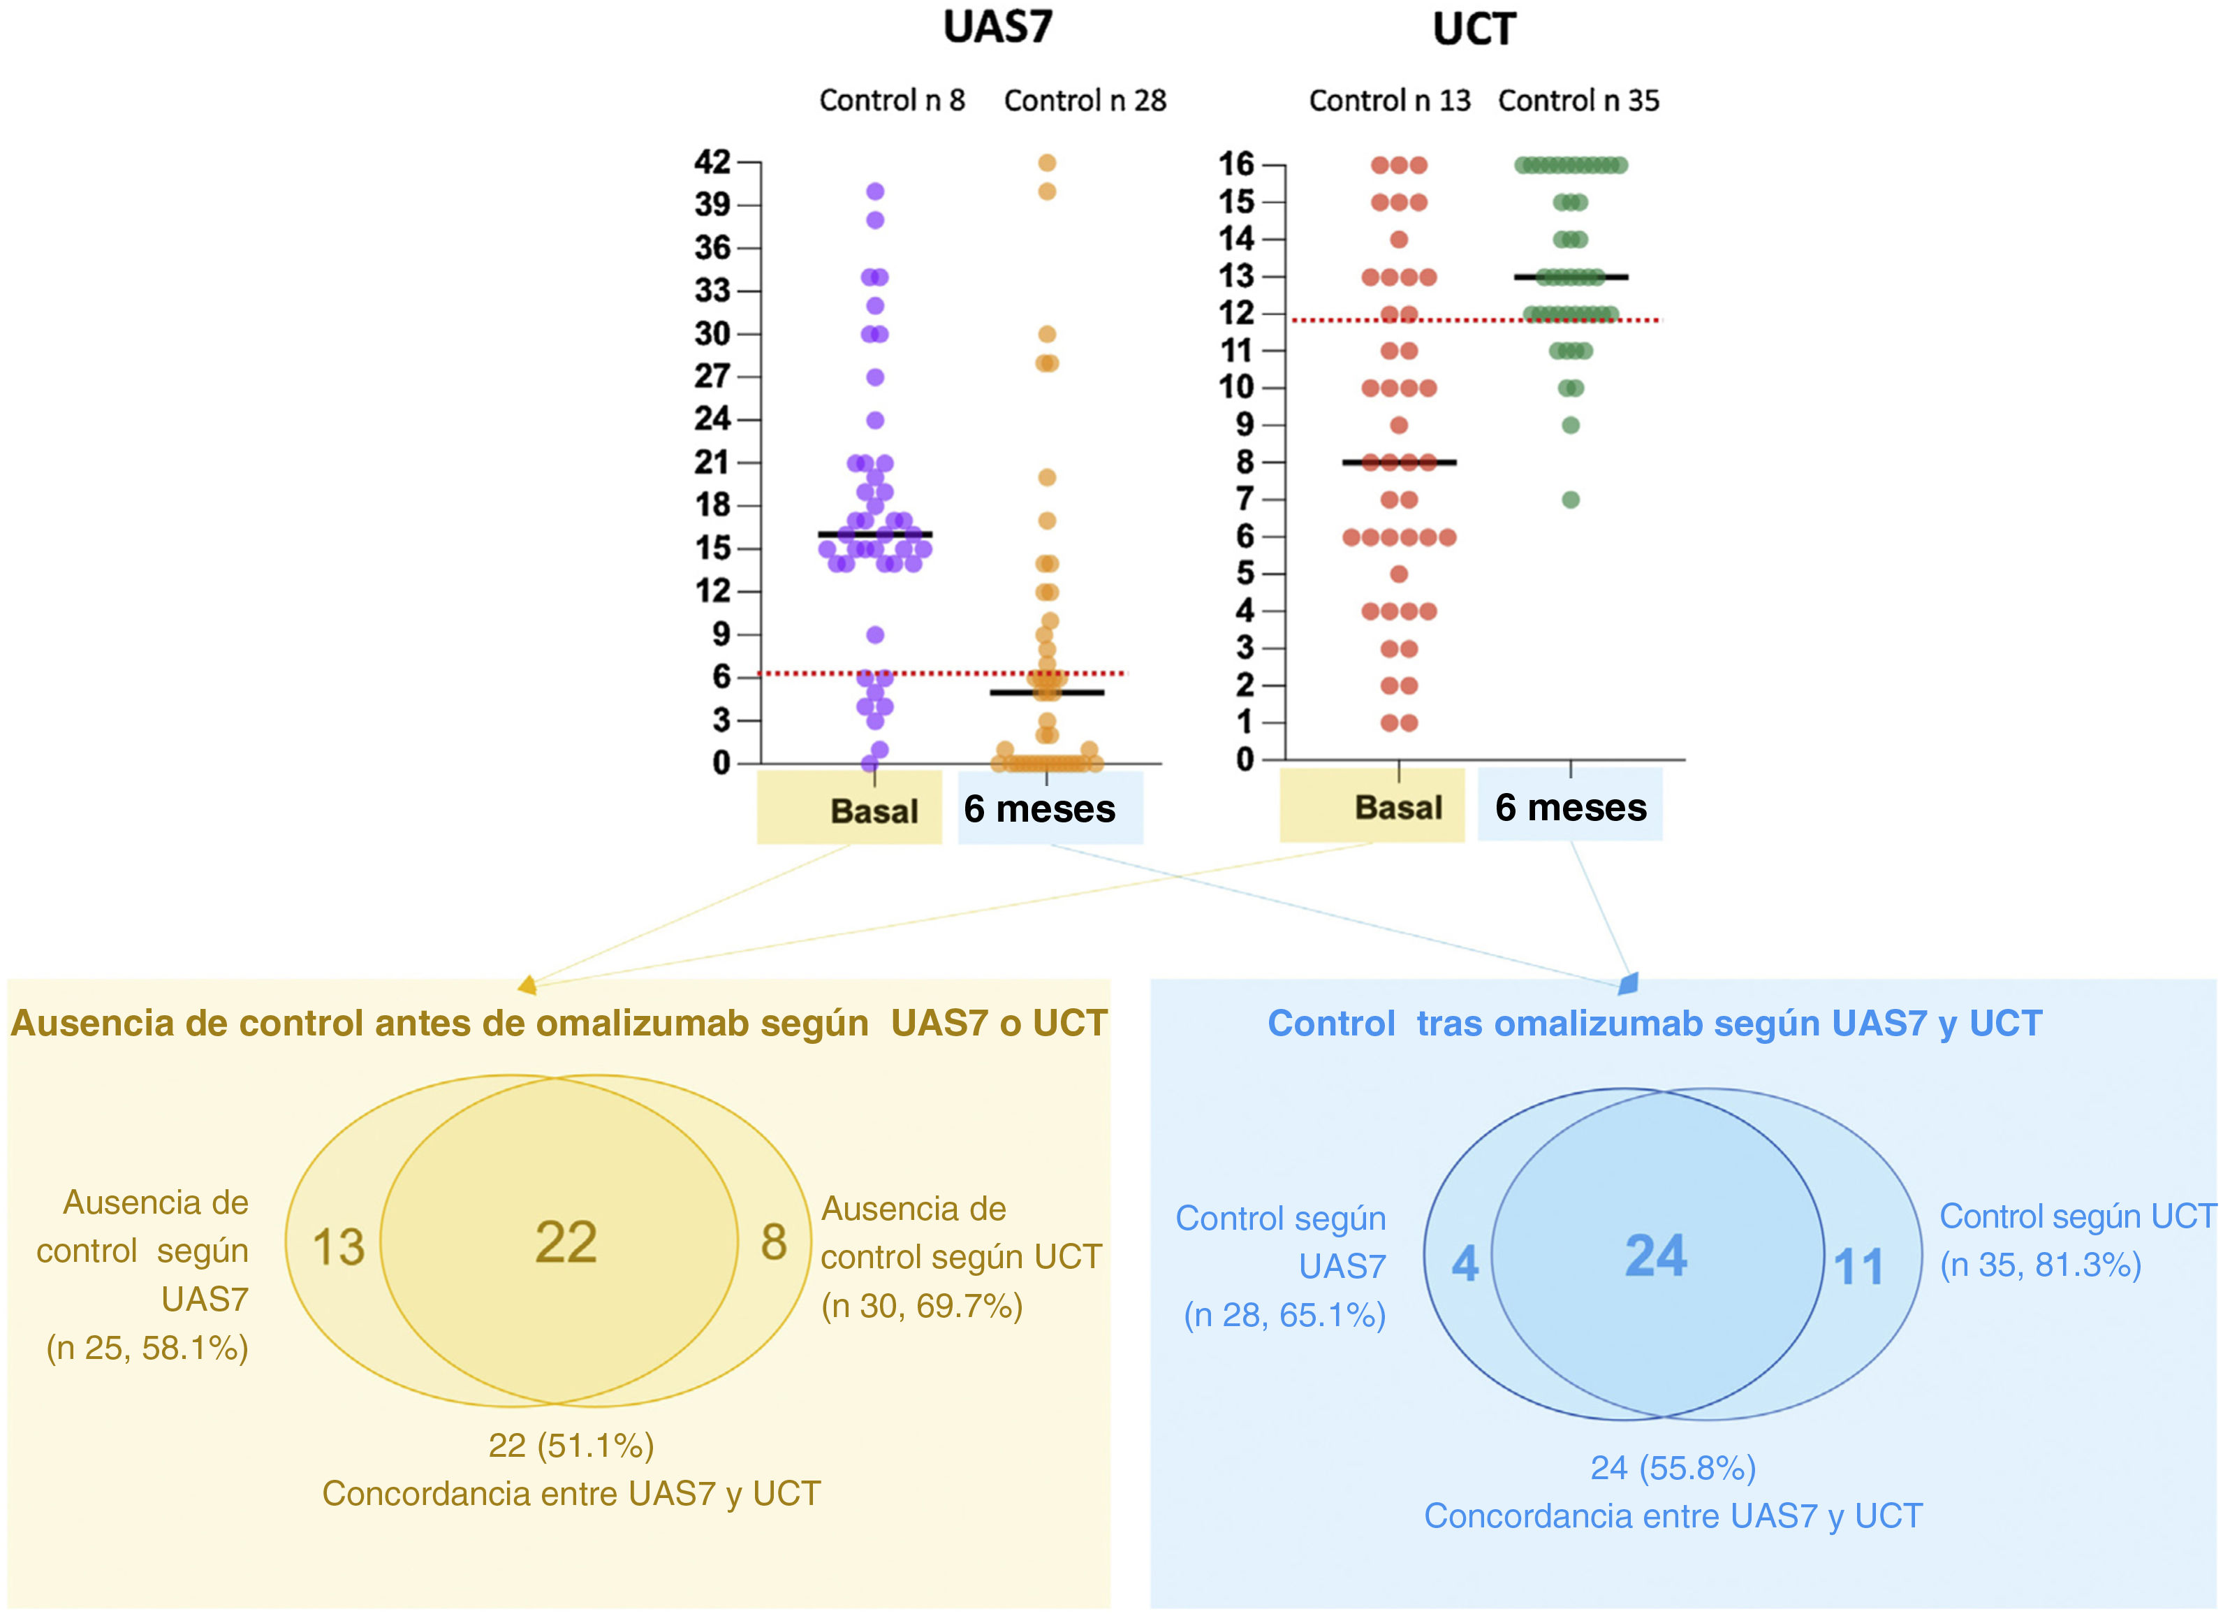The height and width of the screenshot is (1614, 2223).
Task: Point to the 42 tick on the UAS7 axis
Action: point(712,162)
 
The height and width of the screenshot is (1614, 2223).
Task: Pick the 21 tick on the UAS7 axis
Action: point(712,462)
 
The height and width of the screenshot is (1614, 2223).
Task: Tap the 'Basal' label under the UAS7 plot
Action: point(873,811)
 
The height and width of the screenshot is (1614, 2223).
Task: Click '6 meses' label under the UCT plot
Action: point(1570,807)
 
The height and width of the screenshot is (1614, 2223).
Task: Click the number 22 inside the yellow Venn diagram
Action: point(566,1242)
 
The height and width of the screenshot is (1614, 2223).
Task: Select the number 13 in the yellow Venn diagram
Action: point(338,1247)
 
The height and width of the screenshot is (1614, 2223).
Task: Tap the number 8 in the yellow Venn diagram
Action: point(773,1242)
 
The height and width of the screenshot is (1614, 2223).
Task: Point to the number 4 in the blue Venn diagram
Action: point(1465,1263)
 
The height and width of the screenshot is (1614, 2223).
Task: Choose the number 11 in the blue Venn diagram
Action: point(1858,1266)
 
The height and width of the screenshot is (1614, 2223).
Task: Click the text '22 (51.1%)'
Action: point(571,1446)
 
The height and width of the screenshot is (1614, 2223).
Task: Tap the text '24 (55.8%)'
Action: point(1672,1468)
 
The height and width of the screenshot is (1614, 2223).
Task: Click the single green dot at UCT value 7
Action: point(1570,500)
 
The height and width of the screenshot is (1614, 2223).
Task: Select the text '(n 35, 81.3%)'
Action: point(2041,1265)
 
